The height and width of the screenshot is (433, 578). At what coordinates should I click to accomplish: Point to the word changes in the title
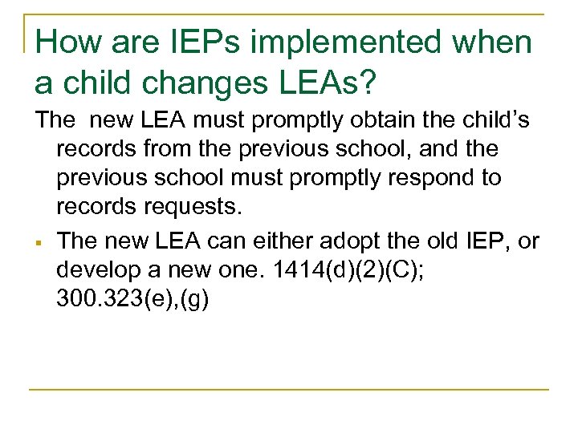click(x=202, y=83)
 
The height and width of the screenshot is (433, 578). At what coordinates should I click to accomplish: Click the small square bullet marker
click(x=38, y=241)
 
